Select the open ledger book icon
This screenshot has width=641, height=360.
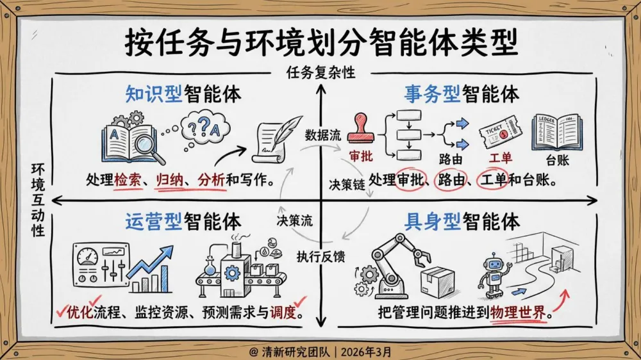[x=557, y=132]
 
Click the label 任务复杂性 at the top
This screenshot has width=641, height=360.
[x=320, y=73]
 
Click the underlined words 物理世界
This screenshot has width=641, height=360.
[x=518, y=314]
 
